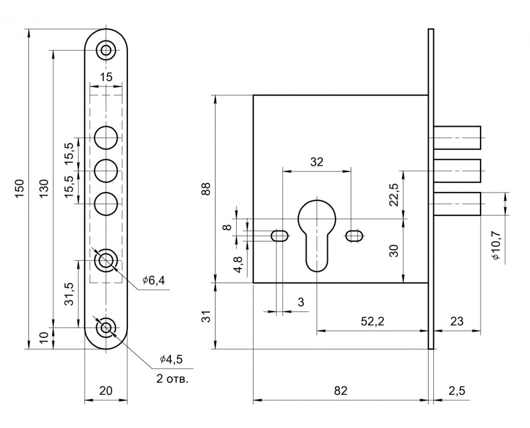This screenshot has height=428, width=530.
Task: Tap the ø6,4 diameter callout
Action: pos(154,280)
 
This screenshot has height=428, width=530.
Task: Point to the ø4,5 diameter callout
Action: pos(171,359)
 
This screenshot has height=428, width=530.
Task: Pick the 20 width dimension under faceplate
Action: pos(106,391)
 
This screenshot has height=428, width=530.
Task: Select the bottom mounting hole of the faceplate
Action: pos(106,328)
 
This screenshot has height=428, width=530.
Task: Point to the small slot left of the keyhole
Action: pos(279,235)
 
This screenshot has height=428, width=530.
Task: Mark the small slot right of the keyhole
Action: pos(354,235)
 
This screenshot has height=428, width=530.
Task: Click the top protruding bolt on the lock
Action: pos(457,138)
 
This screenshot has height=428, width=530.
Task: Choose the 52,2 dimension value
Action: pos(372,322)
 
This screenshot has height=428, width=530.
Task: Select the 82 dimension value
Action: pos(340,391)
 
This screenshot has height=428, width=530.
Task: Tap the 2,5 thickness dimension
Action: pos(457,391)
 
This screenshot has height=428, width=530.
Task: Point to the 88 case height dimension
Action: pos(206,188)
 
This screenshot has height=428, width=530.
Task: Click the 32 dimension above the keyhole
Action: pos(316,162)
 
